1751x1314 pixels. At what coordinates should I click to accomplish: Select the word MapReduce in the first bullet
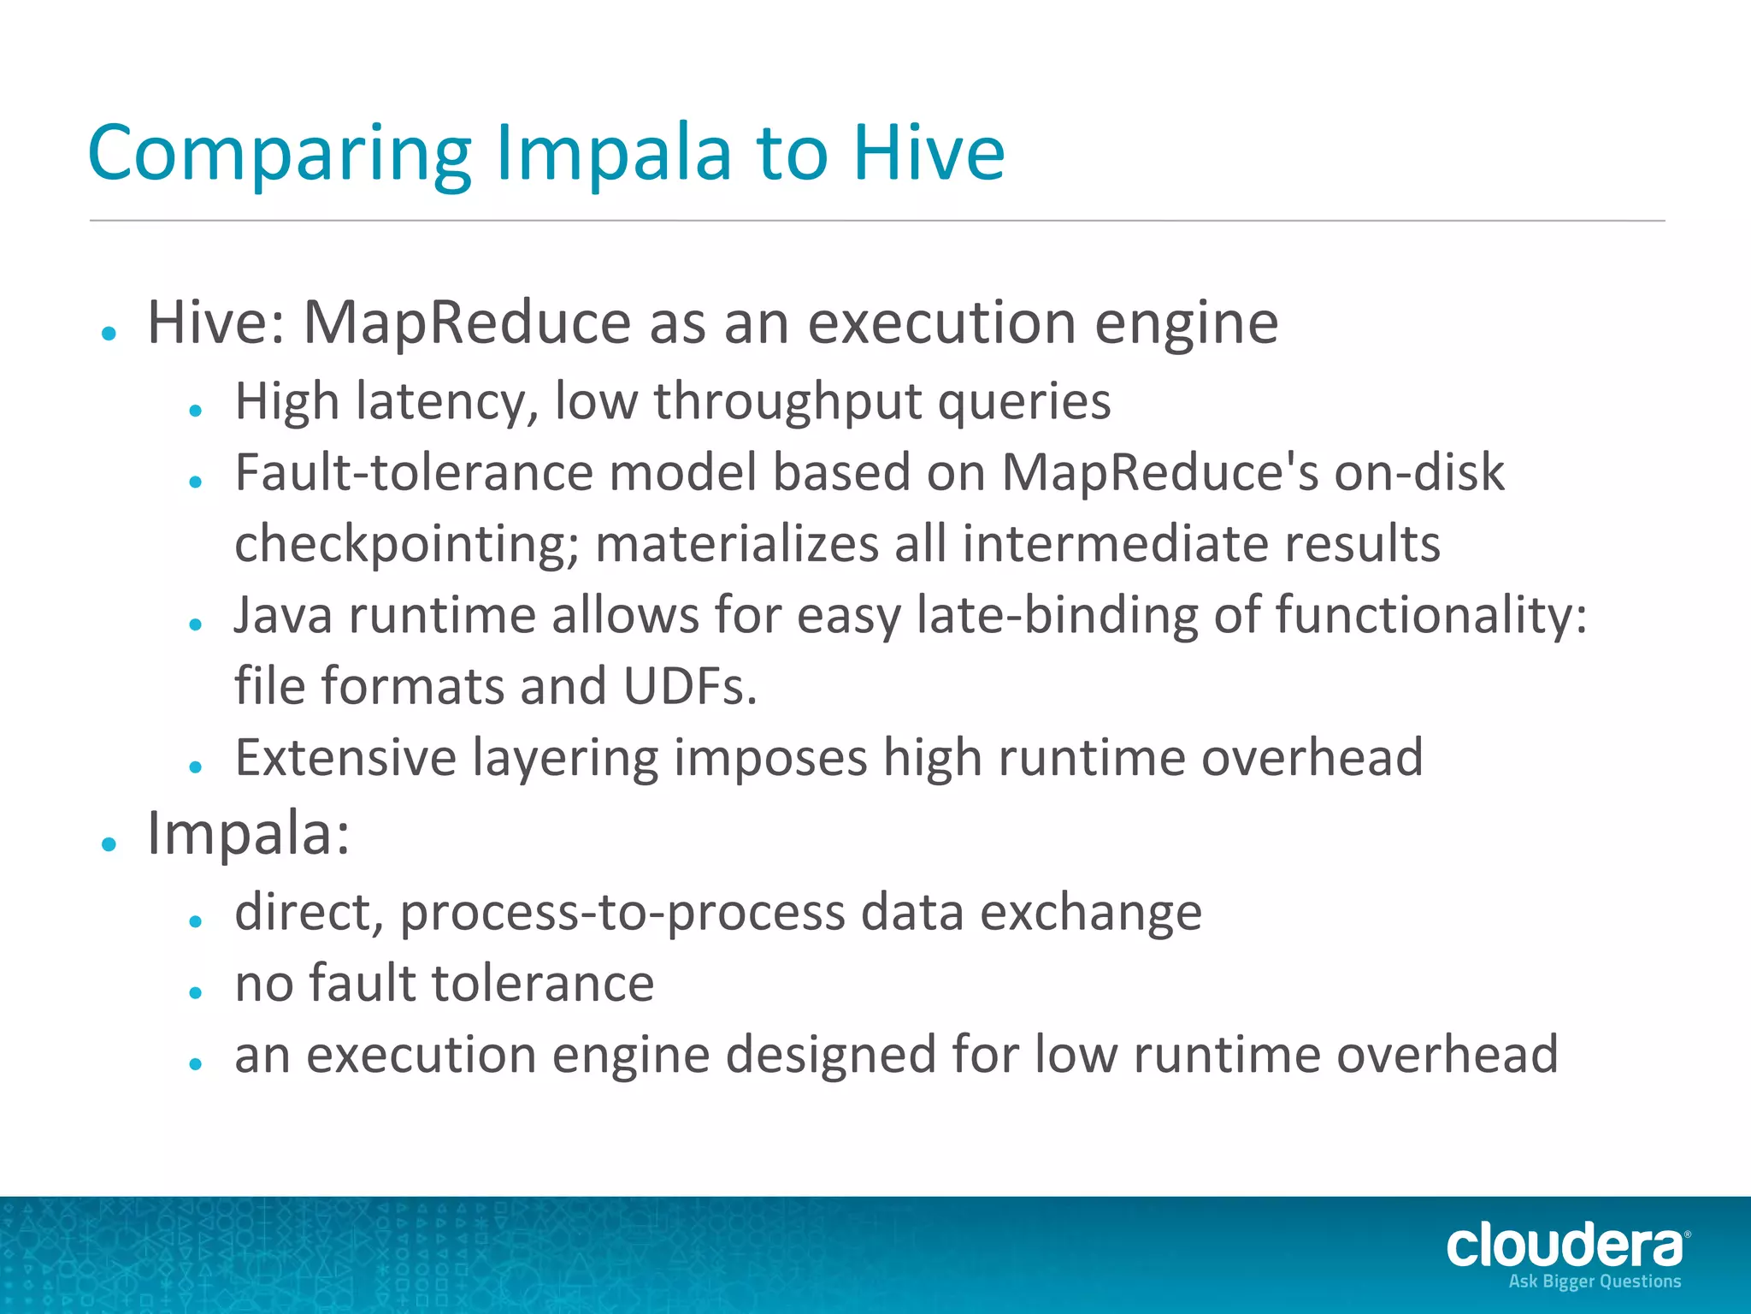click(x=467, y=323)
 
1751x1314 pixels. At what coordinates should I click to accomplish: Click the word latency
click(x=446, y=401)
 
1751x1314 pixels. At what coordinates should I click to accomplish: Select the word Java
click(x=283, y=615)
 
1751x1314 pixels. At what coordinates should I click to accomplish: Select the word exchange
click(x=1090, y=912)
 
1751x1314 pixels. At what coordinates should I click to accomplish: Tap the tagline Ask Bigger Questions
click(x=1595, y=1281)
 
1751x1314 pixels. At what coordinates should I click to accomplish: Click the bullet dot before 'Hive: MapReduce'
click(x=109, y=333)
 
